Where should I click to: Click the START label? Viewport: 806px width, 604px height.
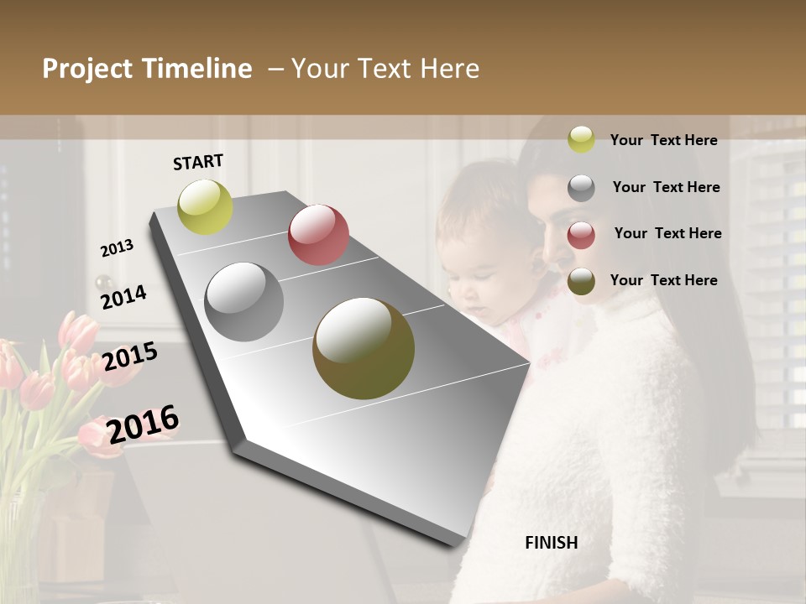198,162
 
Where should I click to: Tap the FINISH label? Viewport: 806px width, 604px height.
551,543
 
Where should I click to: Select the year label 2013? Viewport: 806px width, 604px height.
118,248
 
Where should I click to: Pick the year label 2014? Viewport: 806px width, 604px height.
123,297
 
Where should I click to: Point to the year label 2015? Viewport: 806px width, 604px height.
130,357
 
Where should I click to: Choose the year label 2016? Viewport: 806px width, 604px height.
143,424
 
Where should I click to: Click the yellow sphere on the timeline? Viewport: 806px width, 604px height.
206,206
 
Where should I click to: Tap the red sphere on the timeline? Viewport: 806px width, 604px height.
318,235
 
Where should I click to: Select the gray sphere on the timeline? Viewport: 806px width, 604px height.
244,302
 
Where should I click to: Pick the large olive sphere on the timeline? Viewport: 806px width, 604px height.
364,348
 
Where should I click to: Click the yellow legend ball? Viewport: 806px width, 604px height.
581,139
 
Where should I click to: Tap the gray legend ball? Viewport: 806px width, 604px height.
581,188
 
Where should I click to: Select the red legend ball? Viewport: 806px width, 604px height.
581,235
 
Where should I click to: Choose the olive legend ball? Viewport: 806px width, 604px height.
581,282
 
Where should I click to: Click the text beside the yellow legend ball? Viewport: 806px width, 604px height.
663,140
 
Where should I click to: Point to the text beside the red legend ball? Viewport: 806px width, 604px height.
667,233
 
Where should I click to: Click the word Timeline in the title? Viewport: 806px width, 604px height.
197,69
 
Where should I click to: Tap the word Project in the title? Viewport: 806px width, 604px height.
87,69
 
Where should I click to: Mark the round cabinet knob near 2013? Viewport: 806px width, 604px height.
104,282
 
